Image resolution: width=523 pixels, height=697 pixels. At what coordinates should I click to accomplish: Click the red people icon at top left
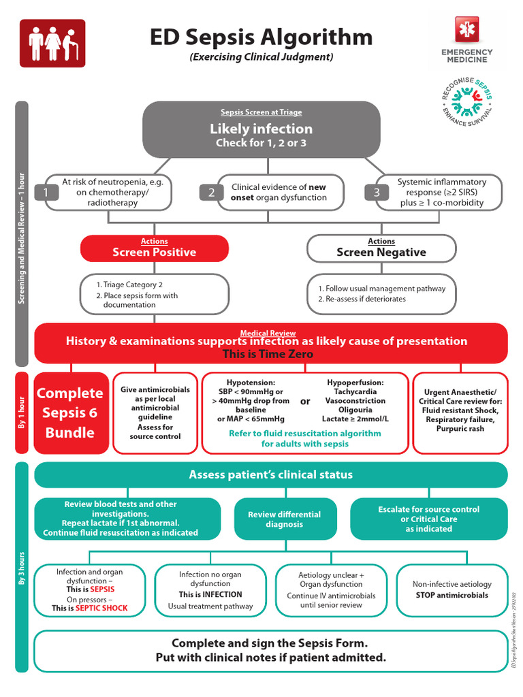[x=52, y=43]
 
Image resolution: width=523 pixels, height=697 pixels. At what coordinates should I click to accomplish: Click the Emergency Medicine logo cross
[x=466, y=31]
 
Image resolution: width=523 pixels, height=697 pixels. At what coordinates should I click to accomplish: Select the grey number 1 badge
[x=46, y=193]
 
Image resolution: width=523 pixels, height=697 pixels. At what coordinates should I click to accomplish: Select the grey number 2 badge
[x=211, y=193]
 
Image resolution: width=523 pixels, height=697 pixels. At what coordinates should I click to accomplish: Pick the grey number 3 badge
[x=377, y=193]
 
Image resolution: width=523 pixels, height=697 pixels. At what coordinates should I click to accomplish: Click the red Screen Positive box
[x=154, y=248]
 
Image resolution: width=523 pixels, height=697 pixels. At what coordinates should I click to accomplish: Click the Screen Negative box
[x=381, y=248]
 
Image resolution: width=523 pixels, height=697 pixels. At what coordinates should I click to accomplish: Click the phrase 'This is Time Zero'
[x=268, y=354]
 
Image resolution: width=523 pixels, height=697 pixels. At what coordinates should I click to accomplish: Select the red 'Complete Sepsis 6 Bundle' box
[x=70, y=412]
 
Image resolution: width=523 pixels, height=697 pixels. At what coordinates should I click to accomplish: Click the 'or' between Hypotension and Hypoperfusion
[x=305, y=401]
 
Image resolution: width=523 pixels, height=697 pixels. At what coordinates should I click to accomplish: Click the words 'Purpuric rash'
[x=460, y=429]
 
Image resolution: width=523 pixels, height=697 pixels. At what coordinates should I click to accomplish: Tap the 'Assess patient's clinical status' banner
[x=270, y=474]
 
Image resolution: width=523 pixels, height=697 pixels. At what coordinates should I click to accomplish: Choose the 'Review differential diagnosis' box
[x=284, y=519]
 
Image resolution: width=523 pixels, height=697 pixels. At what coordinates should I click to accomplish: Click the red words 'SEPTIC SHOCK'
[x=101, y=608]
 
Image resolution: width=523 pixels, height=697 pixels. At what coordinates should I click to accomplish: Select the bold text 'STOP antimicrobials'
[x=452, y=595]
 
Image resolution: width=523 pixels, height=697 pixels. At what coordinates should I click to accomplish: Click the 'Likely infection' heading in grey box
[x=261, y=129]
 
